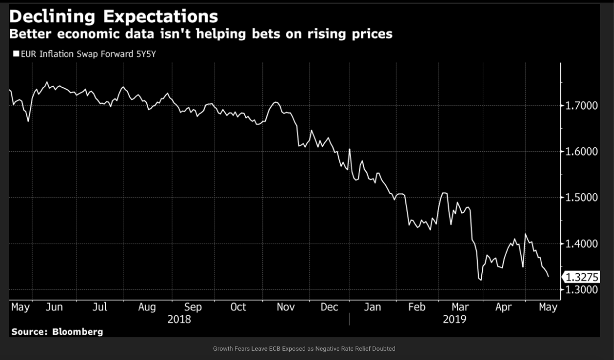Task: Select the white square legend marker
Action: pos(16,53)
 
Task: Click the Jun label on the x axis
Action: pos(54,307)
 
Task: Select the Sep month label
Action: pos(193,307)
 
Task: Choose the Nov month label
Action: pos(286,307)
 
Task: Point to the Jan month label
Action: pos(372,307)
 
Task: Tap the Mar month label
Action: pos(460,307)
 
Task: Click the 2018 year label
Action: pos(179,319)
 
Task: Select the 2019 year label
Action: pos(454,319)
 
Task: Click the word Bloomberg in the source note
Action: pos(77,332)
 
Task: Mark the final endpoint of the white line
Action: pos(548,277)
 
